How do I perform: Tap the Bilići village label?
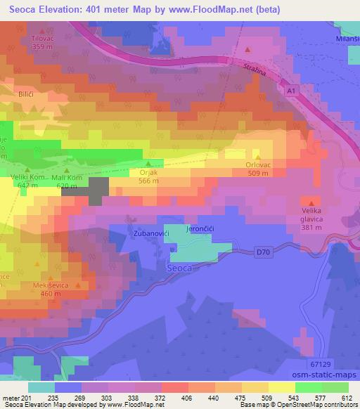tap(25, 93)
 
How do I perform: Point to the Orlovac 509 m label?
tap(258, 169)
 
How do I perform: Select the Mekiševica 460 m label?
tap(48, 288)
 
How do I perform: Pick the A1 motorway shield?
tap(291, 91)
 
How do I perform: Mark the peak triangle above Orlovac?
tap(258, 158)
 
